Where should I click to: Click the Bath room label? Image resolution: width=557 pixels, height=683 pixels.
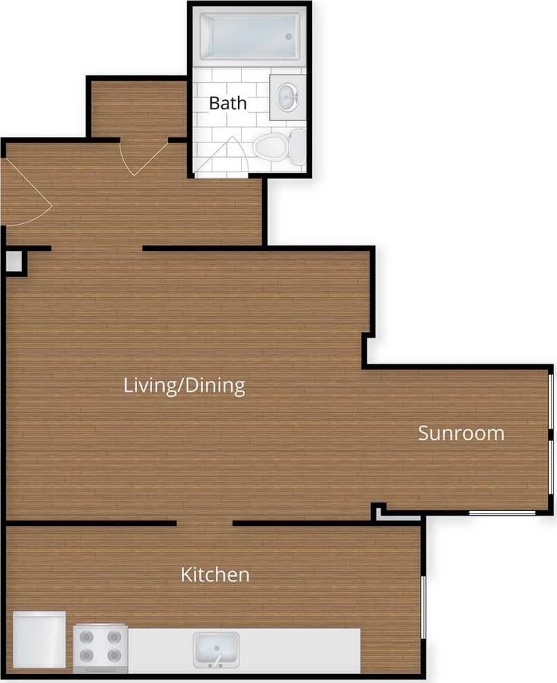[228, 103]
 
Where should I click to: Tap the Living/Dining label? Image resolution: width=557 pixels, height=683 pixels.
[184, 386]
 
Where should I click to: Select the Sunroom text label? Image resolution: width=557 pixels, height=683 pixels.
[461, 433]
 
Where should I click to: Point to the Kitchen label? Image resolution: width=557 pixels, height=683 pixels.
[215, 574]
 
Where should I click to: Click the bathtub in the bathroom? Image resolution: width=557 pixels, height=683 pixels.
[249, 36]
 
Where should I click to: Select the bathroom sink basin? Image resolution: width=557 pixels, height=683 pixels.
[286, 97]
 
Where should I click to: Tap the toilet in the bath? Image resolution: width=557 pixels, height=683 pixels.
[277, 147]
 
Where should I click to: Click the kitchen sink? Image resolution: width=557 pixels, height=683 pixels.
[216, 649]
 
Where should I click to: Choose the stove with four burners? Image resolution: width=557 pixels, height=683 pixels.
[100, 646]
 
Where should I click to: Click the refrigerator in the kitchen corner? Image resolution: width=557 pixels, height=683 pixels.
[39, 639]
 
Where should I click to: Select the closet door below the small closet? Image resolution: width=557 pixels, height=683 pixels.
[142, 158]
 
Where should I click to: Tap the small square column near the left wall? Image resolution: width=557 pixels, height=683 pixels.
[13, 261]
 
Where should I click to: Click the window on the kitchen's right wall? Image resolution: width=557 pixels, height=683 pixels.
[423, 607]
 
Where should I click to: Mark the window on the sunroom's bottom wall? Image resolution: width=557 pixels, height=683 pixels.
[502, 512]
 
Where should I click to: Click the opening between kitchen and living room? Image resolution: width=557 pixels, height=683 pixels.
[204, 523]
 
